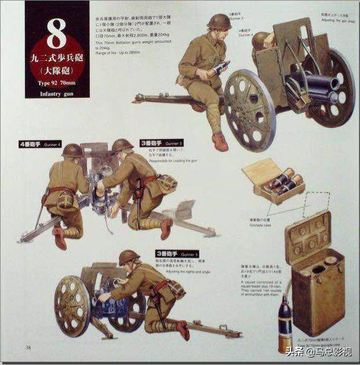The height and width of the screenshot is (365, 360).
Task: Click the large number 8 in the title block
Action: [55, 35]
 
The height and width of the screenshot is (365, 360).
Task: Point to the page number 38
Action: [28, 346]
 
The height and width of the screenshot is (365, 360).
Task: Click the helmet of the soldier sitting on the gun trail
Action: [218, 22]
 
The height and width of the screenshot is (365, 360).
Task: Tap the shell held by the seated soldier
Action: [222, 67]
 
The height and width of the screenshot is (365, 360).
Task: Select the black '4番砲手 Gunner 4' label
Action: [40, 143]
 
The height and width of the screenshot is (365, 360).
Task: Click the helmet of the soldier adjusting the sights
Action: [128, 256]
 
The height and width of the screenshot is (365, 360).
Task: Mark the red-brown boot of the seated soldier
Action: [219, 141]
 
